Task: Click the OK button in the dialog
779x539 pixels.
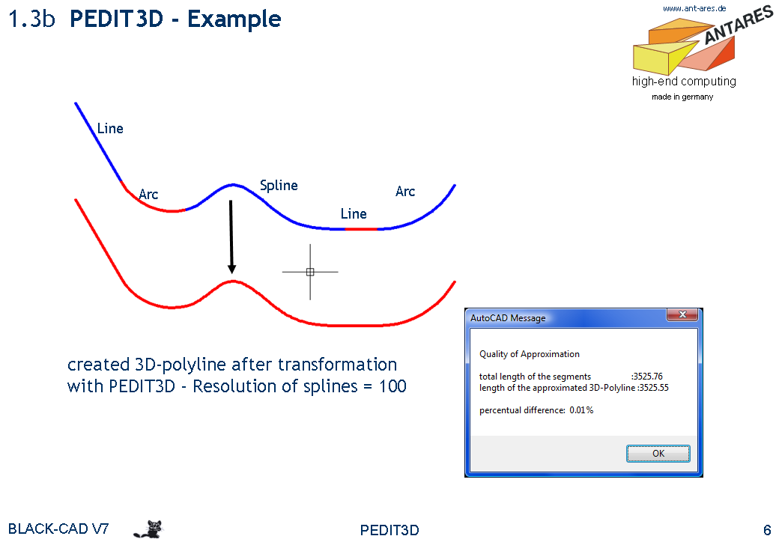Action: (x=658, y=453)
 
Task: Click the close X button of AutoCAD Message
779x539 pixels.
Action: (x=682, y=314)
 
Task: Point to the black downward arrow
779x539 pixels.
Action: (x=231, y=237)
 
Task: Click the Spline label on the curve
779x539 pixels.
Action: (x=279, y=186)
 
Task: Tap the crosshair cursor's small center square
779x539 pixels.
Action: (x=310, y=272)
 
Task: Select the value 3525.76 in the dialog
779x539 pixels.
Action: (x=648, y=377)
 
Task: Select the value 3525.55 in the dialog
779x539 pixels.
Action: (x=654, y=388)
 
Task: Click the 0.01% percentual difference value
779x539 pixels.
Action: (x=581, y=410)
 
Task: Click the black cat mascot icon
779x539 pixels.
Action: (x=148, y=529)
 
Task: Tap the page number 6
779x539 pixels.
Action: (x=766, y=529)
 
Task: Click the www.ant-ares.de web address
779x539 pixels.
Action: (x=694, y=8)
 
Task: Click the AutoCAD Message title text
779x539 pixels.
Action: (x=508, y=318)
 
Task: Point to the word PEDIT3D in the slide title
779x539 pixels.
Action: (x=116, y=19)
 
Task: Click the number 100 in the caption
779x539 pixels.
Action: (x=392, y=386)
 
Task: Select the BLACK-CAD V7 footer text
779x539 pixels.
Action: (x=58, y=529)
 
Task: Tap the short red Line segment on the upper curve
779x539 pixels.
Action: (x=361, y=229)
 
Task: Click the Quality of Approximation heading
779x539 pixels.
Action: (x=529, y=354)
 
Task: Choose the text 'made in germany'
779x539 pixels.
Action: (x=682, y=97)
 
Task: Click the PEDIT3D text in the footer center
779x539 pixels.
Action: (x=389, y=530)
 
